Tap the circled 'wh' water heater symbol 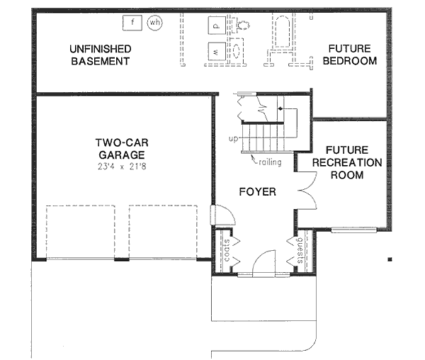pyautogui.click(x=154, y=23)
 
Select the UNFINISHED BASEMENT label pyautogui.click(x=100, y=55)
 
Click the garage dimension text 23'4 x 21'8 pyautogui.click(x=122, y=167)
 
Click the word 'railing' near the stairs pyautogui.click(x=270, y=162)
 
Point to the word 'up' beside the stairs pyautogui.click(x=233, y=138)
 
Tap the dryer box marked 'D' pyautogui.click(x=215, y=26)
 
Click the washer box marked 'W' pyautogui.click(x=215, y=52)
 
